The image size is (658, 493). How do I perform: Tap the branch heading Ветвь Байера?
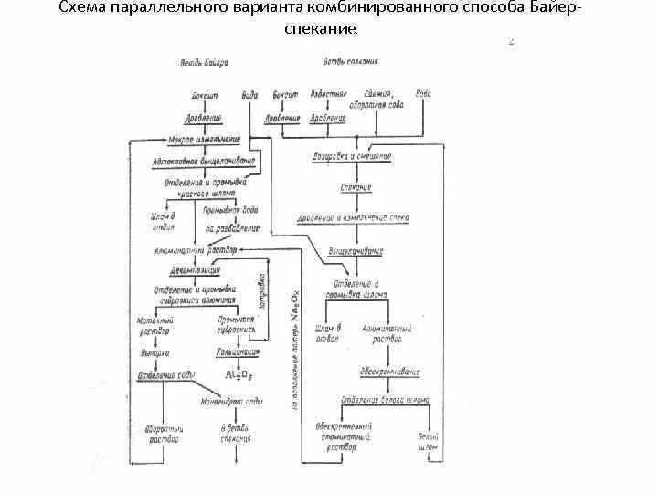pyautogui.click(x=203, y=63)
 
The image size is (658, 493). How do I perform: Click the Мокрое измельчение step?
pyautogui.click(x=205, y=140)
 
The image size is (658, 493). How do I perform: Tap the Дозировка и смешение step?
pyautogui.click(x=352, y=156)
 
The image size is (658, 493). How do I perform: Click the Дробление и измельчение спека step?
pyautogui.click(x=358, y=218)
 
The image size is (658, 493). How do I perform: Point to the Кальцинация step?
pyautogui.click(x=238, y=351)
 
